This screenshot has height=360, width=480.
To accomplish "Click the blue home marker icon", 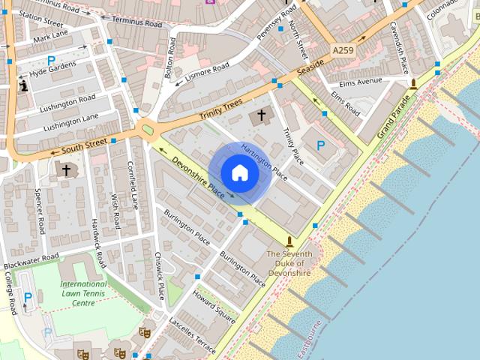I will coord(239,172).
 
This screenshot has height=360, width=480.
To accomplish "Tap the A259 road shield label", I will coord(341,49).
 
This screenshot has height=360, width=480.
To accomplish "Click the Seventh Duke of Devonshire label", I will coord(289,264).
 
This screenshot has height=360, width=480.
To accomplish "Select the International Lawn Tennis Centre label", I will coord(83,293).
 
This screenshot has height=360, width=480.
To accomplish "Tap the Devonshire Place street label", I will coord(197,176).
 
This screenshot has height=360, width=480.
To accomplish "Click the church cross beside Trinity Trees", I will coord(262,115).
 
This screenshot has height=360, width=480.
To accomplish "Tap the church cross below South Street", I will coord(66,170).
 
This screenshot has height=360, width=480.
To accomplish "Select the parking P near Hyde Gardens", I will coord(51,61).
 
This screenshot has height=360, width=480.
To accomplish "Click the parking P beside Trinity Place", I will coord(321,145).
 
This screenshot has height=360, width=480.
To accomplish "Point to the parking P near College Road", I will coord(28,298).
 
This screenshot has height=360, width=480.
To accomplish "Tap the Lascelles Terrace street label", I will coord(192,334).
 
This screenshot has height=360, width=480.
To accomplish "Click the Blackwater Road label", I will coord(30,262).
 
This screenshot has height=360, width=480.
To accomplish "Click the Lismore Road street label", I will coord(207,70).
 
